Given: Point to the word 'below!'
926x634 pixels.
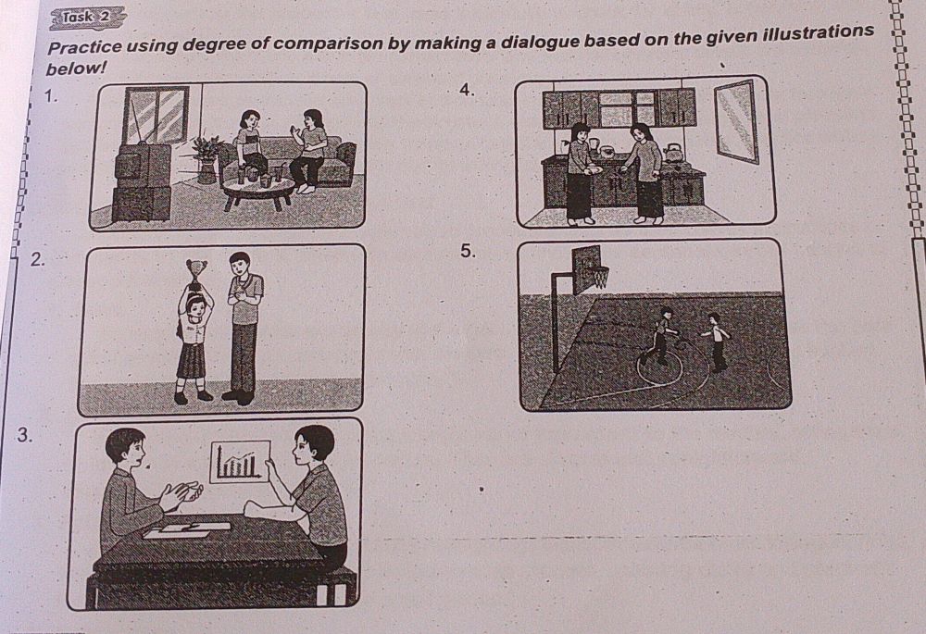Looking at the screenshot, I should pyautogui.click(x=77, y=68).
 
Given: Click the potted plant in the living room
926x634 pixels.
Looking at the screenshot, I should pyautogui.click(x=206, y=157).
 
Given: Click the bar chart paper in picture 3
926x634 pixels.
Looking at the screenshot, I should pyautogui.click(x=239, y=461).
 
